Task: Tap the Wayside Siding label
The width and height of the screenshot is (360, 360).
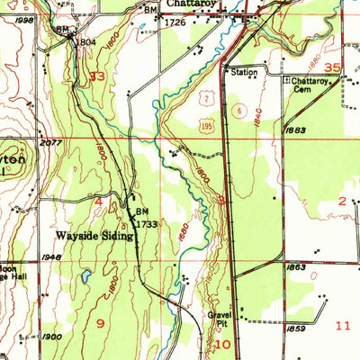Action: click(x=94, y=236)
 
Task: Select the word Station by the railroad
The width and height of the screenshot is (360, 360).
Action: click(x=243, y=72)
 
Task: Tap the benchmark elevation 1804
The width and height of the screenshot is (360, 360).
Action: click(x=85, y=41)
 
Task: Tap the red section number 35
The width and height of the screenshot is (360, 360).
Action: click(x=334, y=67)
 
